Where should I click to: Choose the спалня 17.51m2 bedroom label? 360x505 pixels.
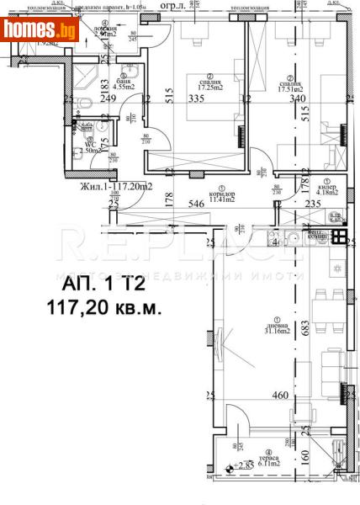[294, 82]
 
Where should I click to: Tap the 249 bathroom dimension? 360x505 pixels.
[109, 98]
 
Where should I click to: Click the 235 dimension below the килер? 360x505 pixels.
[312, 203]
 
